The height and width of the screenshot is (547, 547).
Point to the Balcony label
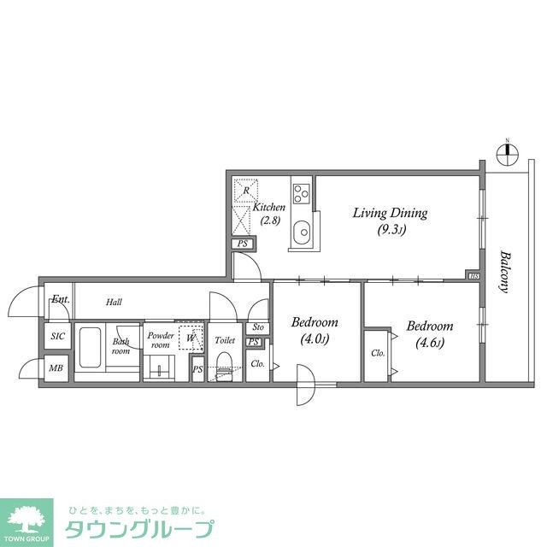point(505,272)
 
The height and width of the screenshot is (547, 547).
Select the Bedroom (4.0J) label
point(314,330)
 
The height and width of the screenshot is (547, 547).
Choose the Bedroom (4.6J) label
point(429,333)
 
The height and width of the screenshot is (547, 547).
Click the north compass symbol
point(507,154)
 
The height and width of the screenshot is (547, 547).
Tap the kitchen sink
point(302,233)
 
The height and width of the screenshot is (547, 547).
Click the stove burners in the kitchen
point(301,193)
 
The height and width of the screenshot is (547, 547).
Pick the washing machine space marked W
point(191,337)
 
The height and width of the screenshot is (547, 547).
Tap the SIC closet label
point(58,337)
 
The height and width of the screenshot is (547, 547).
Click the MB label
point(56,369)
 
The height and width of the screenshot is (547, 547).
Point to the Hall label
point(115,303)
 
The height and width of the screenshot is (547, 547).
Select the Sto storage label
point(258,327)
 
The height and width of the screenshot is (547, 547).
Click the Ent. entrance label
point(61,300)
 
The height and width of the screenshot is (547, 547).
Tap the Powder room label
point(161,340)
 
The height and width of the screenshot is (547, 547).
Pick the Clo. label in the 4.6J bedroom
point(378,353)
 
